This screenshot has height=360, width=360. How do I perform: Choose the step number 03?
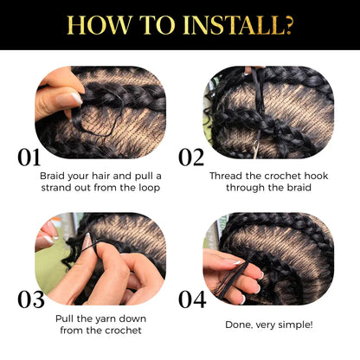click(x=30, y=300)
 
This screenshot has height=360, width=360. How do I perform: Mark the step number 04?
click(x=191, y=300)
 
